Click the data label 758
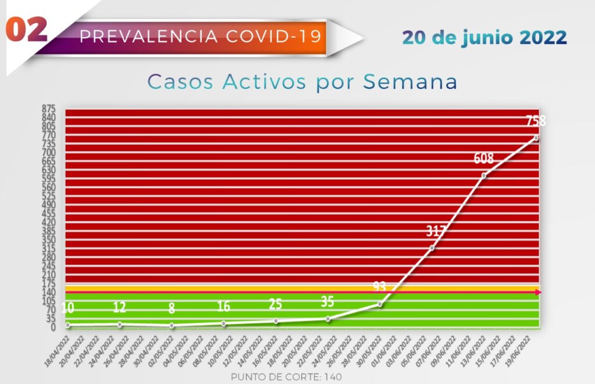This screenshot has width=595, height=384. coord(536,121)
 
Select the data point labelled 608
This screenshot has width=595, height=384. coord(484,175)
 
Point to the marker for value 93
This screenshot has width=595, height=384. coord(380,304)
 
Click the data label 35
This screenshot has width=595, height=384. coord(327,302)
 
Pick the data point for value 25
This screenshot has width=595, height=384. coord(276,321)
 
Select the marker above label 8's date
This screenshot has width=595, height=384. coord(171,325)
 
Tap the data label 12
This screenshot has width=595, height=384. coord(120,307)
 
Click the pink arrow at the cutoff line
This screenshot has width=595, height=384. coord(538,292)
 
